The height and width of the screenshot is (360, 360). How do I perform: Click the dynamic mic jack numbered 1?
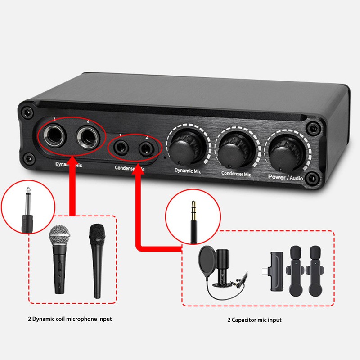point(56,135)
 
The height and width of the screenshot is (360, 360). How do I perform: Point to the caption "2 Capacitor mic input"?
point(254,320)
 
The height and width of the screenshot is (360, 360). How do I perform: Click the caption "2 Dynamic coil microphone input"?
point(70,319)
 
